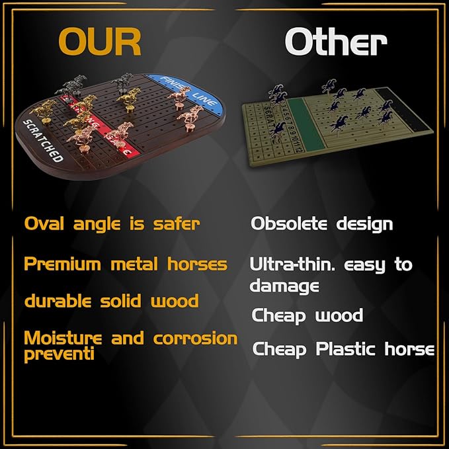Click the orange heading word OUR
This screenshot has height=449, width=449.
click(x=100, y=41)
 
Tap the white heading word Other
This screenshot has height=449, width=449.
click(x=335, y=42)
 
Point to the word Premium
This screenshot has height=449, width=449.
click(x=65, y=265)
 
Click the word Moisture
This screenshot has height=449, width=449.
click(x=63, y=339)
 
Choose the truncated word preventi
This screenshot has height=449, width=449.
click(x=59, y=354)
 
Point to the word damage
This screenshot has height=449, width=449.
click(x=284, y=286)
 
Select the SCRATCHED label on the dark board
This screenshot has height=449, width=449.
click(x=43, y=140)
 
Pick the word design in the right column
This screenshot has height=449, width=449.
click(x=363, y=224)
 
